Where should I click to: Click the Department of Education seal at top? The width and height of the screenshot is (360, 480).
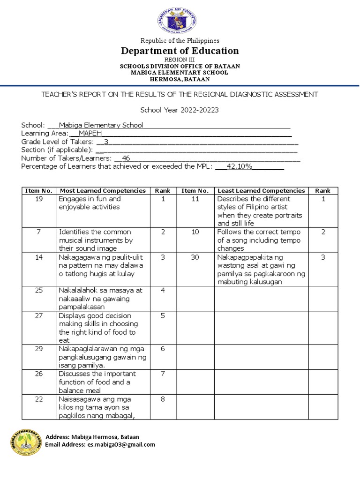pyautogui.click(x=177, y=21)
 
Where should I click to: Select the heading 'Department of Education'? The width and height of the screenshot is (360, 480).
pyautogui.click(x=180, y=51)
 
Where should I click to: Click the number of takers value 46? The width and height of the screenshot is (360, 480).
pyautogui.click(x=126, y=158)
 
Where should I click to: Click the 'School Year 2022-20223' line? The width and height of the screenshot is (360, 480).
pyautogui.click(x=180, y=111)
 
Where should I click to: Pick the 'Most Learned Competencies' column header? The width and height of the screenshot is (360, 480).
pyautogui.click(x=102, y=191)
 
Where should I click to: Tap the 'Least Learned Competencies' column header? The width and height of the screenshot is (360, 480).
pyautogui.click(x=261, y=191)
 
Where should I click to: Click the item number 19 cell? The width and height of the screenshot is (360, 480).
pyautogui.click(x=39, y=199)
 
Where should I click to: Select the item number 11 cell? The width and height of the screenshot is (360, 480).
pyautogui.click(x=195, y=199)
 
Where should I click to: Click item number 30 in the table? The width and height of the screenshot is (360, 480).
pyautogui.click(x=195, y=257)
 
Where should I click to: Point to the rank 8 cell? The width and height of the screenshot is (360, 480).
pyautogui.click(x=163, y=399)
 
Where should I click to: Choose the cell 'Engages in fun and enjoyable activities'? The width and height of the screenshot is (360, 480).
pyautogui.click(x=90, y=203)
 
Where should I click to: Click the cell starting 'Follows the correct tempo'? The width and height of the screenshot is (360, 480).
pyautogui.click(x=259, y=240)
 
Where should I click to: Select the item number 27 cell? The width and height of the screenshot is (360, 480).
pyautogui.click(x=39, y=316)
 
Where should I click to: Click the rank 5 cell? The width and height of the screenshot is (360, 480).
pyautogui.click(x=163, y=316)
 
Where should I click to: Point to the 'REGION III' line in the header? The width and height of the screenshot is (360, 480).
pyautogui.click(x=180, y=60)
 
